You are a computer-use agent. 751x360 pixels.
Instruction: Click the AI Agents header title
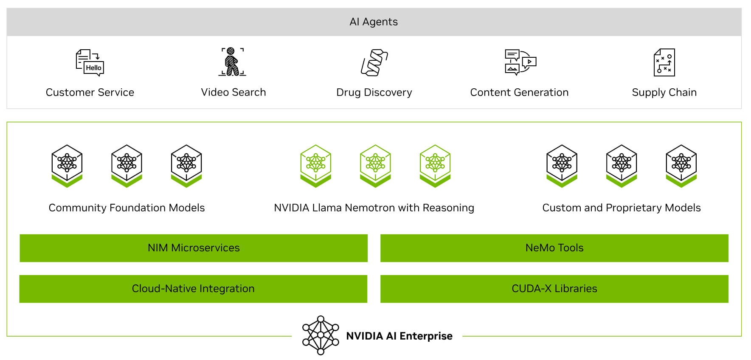[374, 22]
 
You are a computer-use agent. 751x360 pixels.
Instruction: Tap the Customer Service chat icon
[89, 62]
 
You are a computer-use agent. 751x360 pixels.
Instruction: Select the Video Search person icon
[232, 62]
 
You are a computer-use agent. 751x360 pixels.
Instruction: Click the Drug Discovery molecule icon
[374, 62]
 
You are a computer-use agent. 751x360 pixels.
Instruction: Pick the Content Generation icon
[520, 62]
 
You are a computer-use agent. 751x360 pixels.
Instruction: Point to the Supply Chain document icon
[664, 62]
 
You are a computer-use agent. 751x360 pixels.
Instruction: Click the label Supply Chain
[664, 92]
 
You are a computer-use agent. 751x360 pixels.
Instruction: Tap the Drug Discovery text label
[374, 92]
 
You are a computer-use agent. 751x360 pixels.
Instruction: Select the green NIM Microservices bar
[194, 248]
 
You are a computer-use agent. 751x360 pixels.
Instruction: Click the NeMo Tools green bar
[554, 248]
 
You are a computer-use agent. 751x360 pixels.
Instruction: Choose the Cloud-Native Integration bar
[193, 289]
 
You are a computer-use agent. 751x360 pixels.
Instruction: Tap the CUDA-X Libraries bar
[554, 289]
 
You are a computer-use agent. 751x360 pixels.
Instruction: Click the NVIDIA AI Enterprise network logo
[321, 335]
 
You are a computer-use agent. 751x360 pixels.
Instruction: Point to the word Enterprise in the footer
[426, 336]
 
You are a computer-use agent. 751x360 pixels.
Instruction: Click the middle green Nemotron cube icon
[375, 166]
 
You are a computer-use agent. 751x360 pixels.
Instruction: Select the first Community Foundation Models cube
[67, 166]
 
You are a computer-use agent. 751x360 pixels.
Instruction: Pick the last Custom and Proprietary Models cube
[681, 166]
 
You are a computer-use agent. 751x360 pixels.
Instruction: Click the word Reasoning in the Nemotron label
[448, 208]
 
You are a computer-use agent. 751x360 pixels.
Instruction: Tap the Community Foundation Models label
[127, 208]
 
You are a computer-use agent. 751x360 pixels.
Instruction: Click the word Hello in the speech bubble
[93, 68]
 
